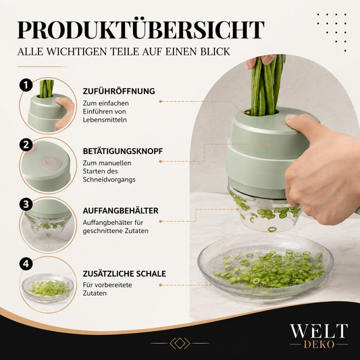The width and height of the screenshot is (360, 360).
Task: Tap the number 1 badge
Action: pos(26,85)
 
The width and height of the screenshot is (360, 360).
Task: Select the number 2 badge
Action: pos(26,145)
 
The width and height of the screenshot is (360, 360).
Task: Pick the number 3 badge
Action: pos(26,205)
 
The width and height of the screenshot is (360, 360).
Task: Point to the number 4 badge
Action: pos(26,263)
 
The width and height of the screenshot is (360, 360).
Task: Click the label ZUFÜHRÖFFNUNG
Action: pos(119,91)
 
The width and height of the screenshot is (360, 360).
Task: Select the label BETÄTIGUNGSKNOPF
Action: pos(123,151)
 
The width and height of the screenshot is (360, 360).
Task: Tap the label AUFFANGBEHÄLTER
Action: pos(120,211)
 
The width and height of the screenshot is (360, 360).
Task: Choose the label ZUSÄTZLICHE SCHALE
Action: pos(124,274)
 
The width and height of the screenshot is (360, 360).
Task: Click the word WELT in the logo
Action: pos(319,331)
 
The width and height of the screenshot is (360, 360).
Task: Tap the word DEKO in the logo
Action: pos(319,344)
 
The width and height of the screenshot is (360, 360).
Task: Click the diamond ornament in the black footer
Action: pos(180,344)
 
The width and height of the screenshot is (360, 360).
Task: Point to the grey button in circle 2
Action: pos(51,163)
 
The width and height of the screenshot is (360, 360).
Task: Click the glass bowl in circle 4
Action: pos(48,287)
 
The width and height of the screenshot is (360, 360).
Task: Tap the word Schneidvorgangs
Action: pos(109,180)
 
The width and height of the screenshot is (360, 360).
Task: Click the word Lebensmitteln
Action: pos(105,120)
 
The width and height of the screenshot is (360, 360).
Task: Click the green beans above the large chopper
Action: pos(266,85)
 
